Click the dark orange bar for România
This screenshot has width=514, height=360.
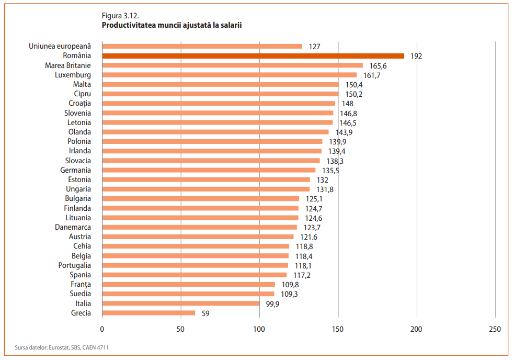(253, 56)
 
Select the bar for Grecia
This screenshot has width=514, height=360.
(149, 313)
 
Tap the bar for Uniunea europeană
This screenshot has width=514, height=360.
(202, 46)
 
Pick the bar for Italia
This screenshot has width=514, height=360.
(181, 303)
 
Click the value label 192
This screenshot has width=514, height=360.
(416, 56)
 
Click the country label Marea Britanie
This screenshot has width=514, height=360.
(68, 65)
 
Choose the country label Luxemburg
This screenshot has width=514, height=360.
(73, 75)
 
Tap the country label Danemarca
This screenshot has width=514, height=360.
(73, 227)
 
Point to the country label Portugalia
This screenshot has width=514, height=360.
(74, 265)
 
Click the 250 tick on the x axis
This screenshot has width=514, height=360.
(495, 329)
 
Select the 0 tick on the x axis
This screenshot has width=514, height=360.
(102, 329)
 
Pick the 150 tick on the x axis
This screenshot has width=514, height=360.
(338, 329)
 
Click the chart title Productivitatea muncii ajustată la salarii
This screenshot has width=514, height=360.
(172, 25)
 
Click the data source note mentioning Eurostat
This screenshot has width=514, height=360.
(58, 347)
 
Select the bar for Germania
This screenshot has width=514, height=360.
(209, 170)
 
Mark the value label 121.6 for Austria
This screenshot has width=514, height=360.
(308, 237)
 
